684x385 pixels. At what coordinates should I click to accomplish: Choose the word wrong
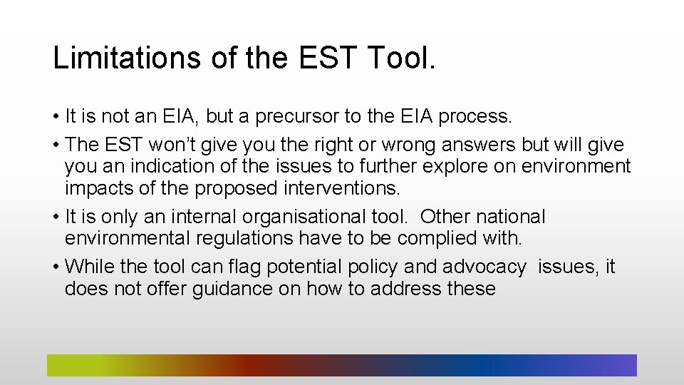pos(407,145)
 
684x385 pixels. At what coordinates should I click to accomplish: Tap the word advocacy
pos(484,267)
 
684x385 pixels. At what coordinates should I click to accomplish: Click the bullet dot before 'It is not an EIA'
pos(56,116)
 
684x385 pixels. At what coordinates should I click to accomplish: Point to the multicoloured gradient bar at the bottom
pos(341,365)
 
